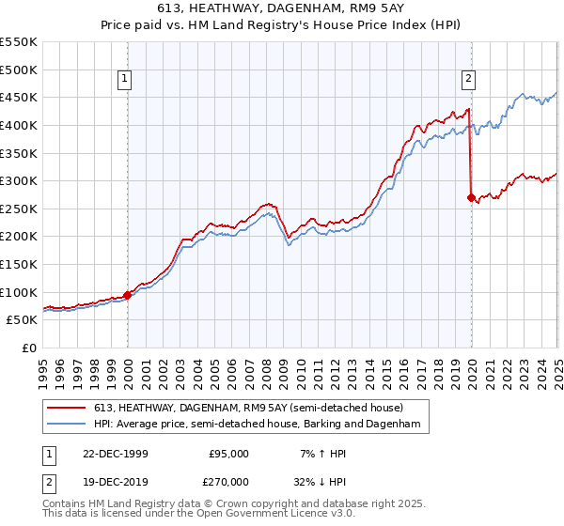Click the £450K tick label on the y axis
tap(19, 97)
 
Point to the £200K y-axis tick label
tap(19, 237)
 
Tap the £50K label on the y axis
tap(23, 320)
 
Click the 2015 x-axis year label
tap(386, 367)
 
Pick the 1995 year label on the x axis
tap(43, 367)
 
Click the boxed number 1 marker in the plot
tap(126, 80)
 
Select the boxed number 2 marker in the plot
tap(468, 80)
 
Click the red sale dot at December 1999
tap(128, 295)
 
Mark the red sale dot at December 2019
tap(471, 197)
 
